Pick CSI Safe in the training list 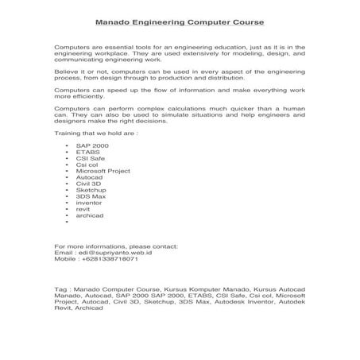88,159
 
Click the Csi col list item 86,165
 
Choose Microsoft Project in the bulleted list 103,171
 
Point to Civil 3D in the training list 88,184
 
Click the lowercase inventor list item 88,203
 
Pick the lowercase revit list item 82,209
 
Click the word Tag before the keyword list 60,289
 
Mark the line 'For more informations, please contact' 116,246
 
